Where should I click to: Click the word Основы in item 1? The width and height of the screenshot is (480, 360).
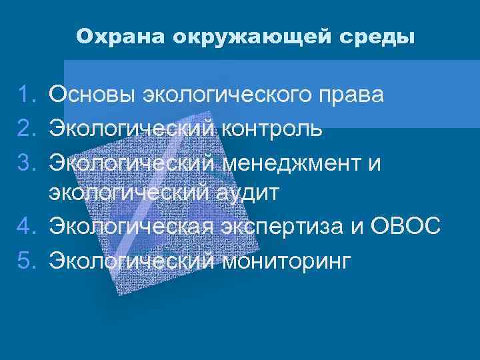click(x=92, y=95)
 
